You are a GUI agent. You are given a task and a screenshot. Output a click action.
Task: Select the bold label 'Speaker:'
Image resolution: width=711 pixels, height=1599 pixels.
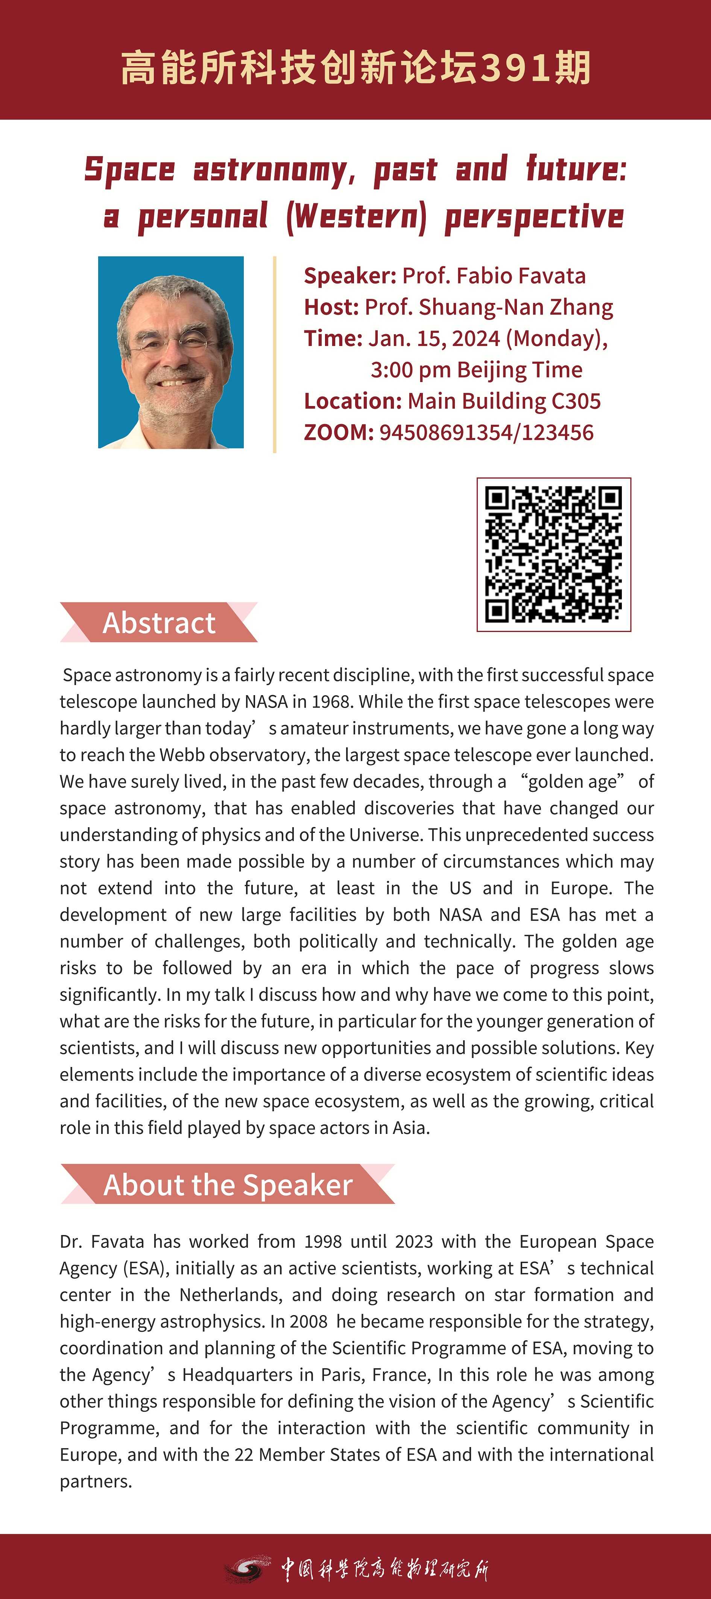click(x=349, y=276)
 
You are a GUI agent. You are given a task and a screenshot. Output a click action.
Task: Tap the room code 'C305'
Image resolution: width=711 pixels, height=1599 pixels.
click(x=576, y=401)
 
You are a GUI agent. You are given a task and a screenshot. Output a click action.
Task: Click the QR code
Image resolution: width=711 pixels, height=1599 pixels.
click(x=553, y=554)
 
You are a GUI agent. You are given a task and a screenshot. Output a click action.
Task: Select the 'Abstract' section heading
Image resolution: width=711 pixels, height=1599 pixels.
click(x=159, y=623)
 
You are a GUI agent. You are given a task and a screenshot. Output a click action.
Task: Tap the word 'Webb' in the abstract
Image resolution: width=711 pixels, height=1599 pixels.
click(x=179, y=755)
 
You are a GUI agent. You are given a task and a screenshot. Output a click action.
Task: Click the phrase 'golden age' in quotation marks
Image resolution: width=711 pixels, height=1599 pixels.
click(x=571, y=782)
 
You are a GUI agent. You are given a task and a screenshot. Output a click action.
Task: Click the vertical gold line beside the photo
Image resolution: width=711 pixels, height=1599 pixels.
click(x=275, y=354)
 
